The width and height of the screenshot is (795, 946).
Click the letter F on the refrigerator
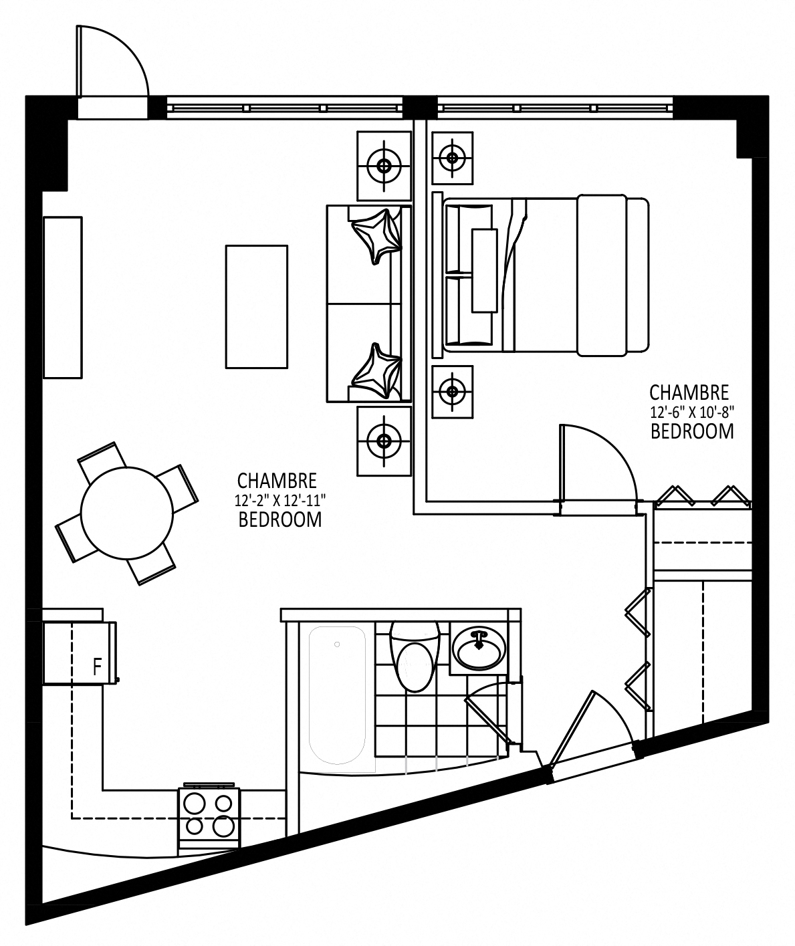tap(97, 667)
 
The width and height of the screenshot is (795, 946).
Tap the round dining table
tap(127, 513)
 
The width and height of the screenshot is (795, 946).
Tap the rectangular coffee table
tap(257, 307)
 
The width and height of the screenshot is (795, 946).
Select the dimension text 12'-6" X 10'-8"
tap(692, 412)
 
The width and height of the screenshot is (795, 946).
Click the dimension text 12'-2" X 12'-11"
tap(280, 501)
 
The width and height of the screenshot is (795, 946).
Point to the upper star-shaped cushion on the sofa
tap(377, 236)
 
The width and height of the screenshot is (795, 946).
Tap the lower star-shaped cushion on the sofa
tap(377, 371)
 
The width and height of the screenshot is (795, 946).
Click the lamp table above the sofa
tap(384, 166)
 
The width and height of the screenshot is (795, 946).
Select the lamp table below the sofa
tap(384, 441)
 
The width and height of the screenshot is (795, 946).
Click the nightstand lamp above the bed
tap(453, 158)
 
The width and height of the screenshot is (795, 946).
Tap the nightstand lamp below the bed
tap(453, 392)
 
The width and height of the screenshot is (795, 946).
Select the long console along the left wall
tap(63, 298)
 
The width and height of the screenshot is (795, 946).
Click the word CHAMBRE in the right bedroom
tap(689, 392)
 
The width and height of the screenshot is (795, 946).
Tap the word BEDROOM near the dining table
tap(280, 519)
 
